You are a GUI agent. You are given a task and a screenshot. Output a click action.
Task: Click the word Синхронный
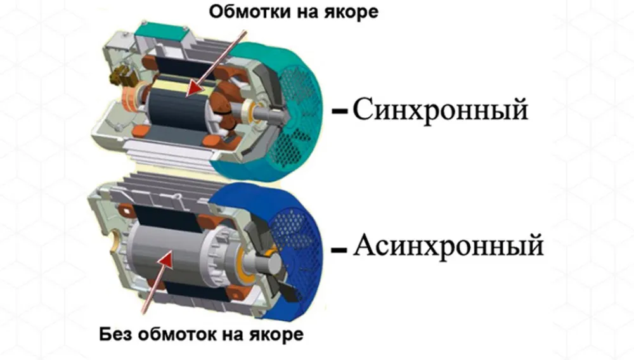pyautogui.click(x=440, y=110)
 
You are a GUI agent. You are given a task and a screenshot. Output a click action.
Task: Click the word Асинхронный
pyautogui.click(x=448, y=245)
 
